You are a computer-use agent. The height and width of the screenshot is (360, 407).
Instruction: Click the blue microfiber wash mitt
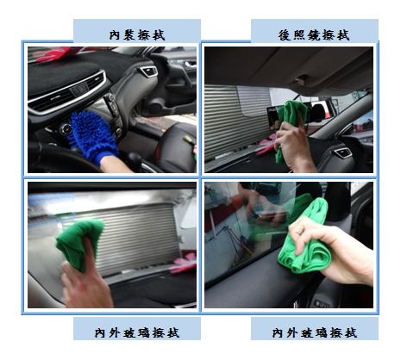point(93,136)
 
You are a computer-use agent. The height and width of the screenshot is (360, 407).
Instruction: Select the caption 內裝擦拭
point(137,35)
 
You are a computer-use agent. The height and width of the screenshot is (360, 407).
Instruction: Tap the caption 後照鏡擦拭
point(314,35)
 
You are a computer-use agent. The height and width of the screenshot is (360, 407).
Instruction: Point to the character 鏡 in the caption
point(314,35)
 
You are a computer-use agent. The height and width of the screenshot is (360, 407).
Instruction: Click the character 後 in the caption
point(285,35)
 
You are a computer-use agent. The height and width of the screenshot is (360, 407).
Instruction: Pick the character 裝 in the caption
point(130,35)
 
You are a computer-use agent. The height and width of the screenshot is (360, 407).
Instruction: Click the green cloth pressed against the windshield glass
point(78,244)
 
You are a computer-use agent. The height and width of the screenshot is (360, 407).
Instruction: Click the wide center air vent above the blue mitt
point(68,92)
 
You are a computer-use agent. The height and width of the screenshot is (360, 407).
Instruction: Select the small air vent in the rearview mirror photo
point(342,152)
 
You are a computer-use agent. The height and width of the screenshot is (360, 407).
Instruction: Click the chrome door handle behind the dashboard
point(191,65)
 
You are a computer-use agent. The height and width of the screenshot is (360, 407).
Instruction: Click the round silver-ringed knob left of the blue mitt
point(66,129)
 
